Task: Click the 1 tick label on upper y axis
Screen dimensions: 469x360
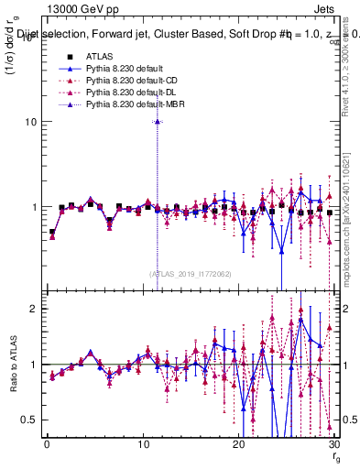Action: [32, 208]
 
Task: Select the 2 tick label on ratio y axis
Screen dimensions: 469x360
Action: [32, 309]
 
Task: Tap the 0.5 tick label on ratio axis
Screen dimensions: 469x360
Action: [27, 420]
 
